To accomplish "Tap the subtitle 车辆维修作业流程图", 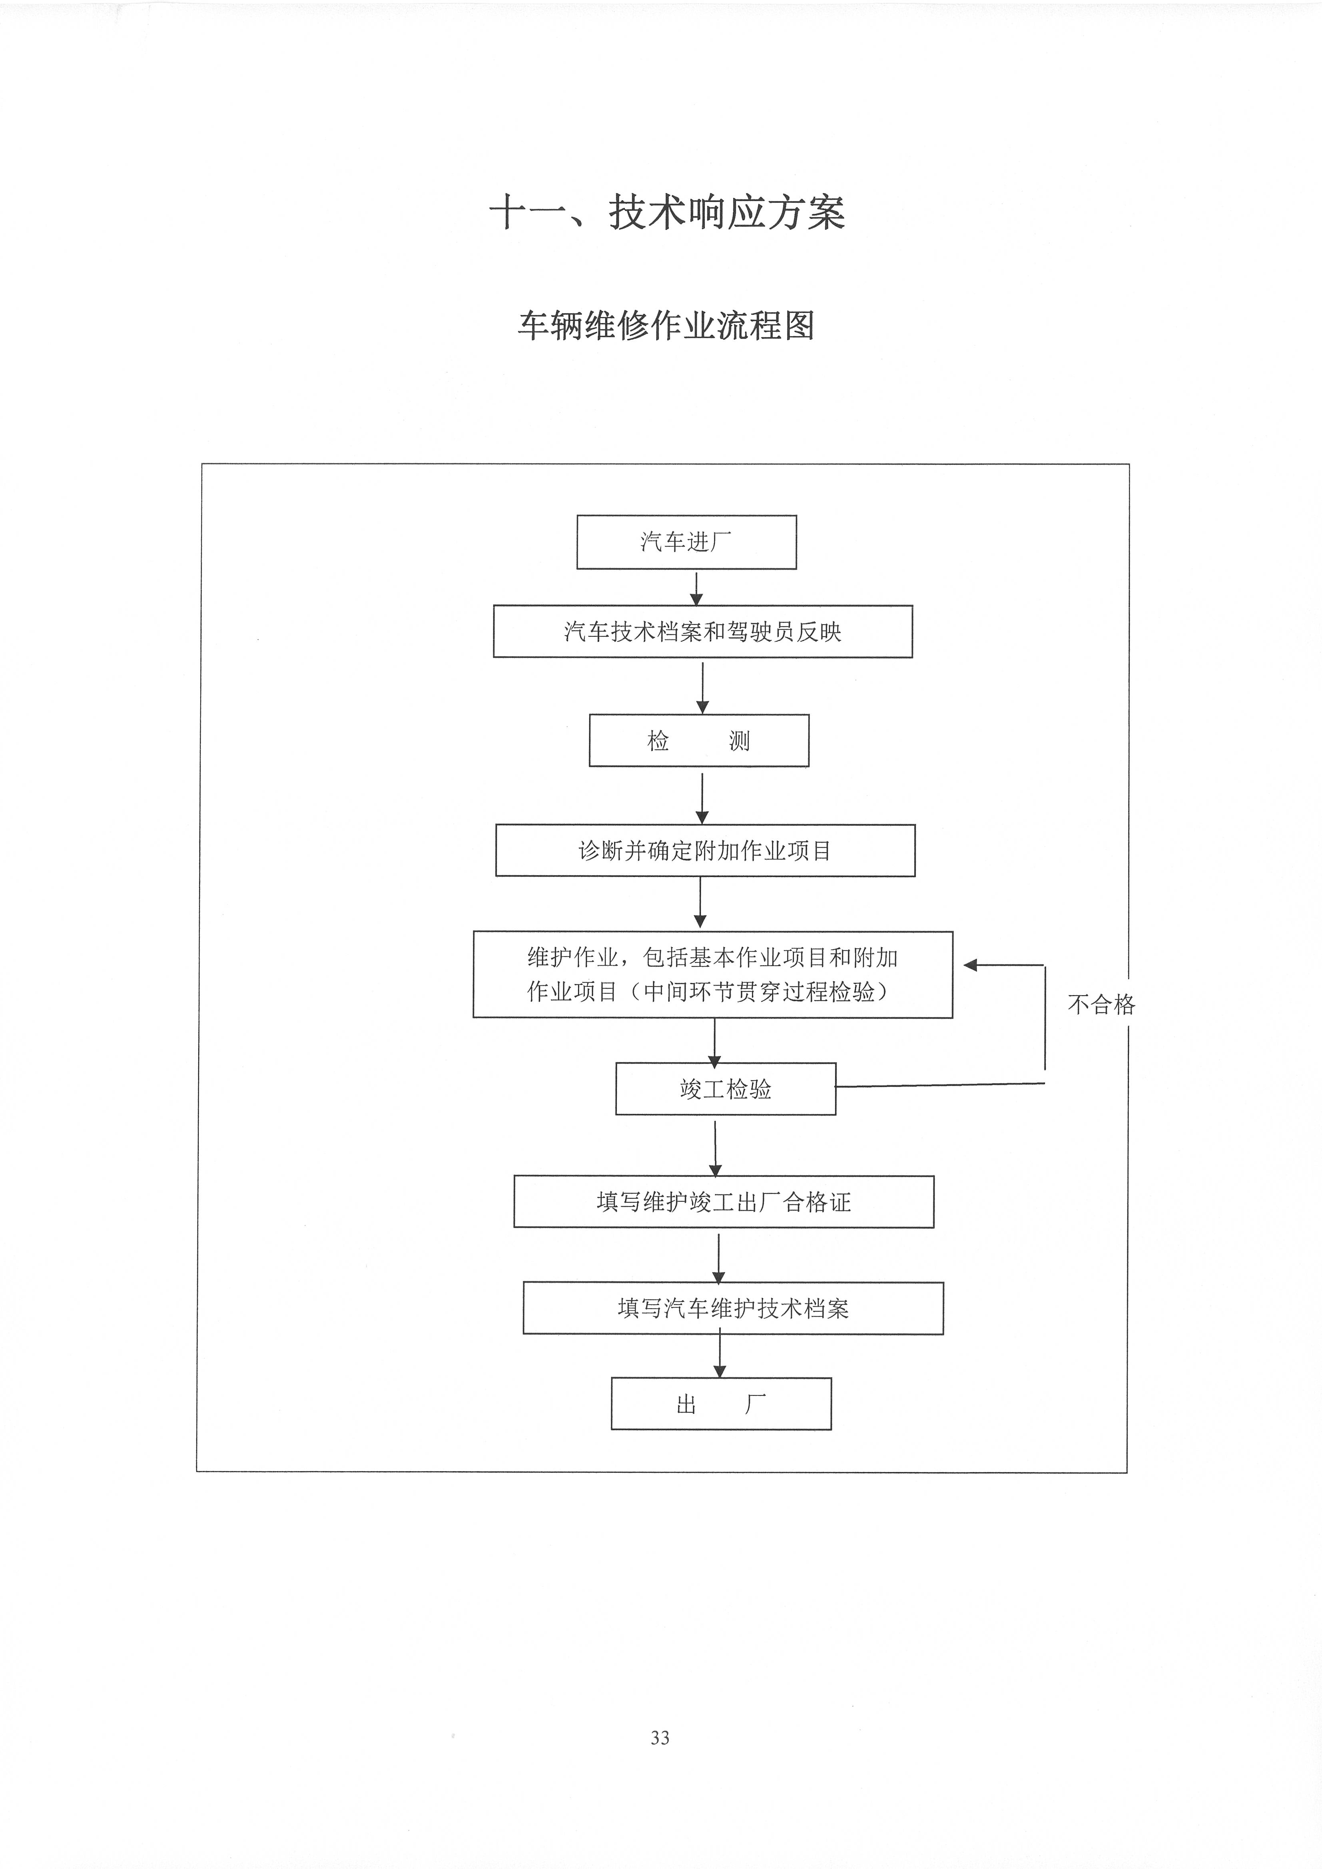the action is click(x=666, y=326).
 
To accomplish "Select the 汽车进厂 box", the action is click(x=686, y=542).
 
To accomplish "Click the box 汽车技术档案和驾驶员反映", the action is click(x=702, y=632).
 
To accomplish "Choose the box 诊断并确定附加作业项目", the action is click(x=705, y=851).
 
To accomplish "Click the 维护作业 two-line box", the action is click(x=713, y=974).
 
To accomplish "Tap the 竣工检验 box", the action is click(x=725, y=1089).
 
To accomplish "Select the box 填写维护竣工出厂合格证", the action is click(x=724, y=1201).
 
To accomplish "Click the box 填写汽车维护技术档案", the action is click(x=733, y=1308).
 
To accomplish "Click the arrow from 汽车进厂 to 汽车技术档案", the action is click(x=696, y=588).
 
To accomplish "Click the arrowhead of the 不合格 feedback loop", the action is click(x=969, y=965).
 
